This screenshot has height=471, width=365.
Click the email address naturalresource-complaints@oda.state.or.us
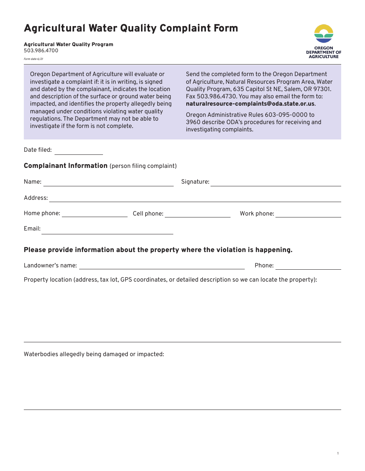pos(250,104)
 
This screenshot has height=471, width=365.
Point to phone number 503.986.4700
pos(41,51)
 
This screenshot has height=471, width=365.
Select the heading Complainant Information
pos(66,166)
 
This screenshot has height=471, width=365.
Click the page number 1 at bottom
pos(338,454)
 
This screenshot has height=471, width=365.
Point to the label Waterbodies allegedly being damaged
pos(94,354)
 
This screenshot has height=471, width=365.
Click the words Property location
pos(48,280)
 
